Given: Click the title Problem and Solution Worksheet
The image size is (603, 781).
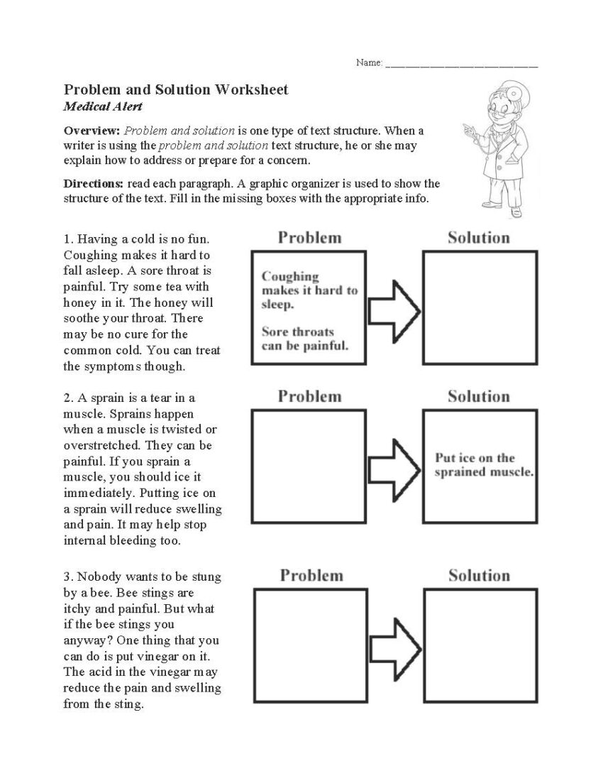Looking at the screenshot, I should point(176,90).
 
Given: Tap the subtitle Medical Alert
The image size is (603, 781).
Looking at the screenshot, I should point(103,107).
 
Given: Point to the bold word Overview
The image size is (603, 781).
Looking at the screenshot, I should point(92,131).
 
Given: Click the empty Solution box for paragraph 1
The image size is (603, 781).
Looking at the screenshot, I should point(480,307).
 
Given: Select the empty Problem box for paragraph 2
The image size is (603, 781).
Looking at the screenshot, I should point(309,466).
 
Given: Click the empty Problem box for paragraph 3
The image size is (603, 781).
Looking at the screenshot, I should point(310,646).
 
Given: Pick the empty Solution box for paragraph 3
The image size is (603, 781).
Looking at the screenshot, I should point(480,646).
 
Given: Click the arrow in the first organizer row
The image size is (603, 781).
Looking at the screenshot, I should point(394,310).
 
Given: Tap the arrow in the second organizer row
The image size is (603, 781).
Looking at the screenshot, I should point(394,469).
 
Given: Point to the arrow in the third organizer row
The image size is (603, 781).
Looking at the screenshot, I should point(395,648).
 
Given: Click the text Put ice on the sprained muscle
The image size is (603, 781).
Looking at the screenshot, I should point(484,465).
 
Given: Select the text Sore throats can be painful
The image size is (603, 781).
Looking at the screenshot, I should point(304,339).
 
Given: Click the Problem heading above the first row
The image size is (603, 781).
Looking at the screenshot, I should point(309,238).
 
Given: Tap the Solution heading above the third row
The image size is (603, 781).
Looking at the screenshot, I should point(479,576).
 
